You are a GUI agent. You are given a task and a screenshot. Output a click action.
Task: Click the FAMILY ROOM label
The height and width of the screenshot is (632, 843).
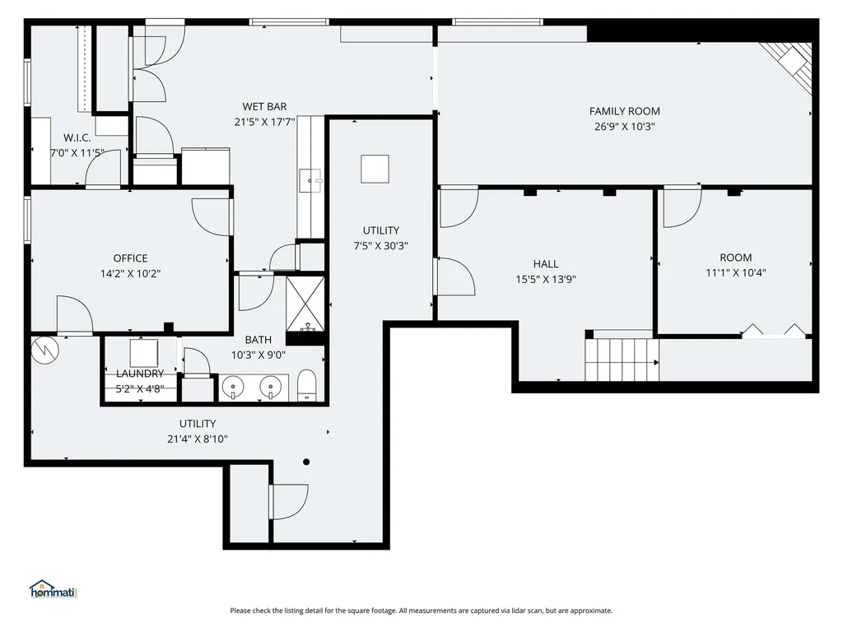click(624, 111)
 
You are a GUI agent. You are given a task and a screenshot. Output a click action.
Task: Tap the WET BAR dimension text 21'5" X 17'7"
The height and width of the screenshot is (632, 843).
click(264, 122)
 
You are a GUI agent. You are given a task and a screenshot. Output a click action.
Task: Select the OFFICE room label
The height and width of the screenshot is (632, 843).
click(130, 258)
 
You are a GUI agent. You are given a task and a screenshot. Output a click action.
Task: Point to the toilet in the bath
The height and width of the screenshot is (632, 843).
click(307, 385)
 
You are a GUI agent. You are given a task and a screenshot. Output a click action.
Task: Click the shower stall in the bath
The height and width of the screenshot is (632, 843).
click(305, 304)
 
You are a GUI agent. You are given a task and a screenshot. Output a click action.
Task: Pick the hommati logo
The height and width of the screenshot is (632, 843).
click(54, 589)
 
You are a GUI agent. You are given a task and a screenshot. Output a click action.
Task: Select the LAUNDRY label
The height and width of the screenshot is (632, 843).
click(140, 374)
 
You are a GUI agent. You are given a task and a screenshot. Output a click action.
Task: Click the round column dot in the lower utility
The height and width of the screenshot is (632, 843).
click(306, 462)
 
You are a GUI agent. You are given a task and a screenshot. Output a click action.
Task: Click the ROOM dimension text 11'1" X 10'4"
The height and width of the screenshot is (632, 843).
click(735, 273)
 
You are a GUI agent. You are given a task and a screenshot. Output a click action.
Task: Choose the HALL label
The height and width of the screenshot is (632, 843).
click(546, 264)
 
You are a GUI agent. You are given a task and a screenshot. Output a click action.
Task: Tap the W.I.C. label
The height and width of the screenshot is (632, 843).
click(77, 137)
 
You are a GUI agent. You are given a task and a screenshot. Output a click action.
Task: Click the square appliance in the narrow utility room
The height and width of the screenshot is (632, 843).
click(375, 169)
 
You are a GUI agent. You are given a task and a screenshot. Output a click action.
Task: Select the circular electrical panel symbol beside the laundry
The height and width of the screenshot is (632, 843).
click(44, 351)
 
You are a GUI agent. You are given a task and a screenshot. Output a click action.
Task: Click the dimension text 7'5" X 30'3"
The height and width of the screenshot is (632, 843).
click(380, 246)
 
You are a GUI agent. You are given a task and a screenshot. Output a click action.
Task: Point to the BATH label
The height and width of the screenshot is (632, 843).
click(258, 340)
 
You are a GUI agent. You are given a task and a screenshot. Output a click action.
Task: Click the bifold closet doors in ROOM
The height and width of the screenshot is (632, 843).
click(774, 331)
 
